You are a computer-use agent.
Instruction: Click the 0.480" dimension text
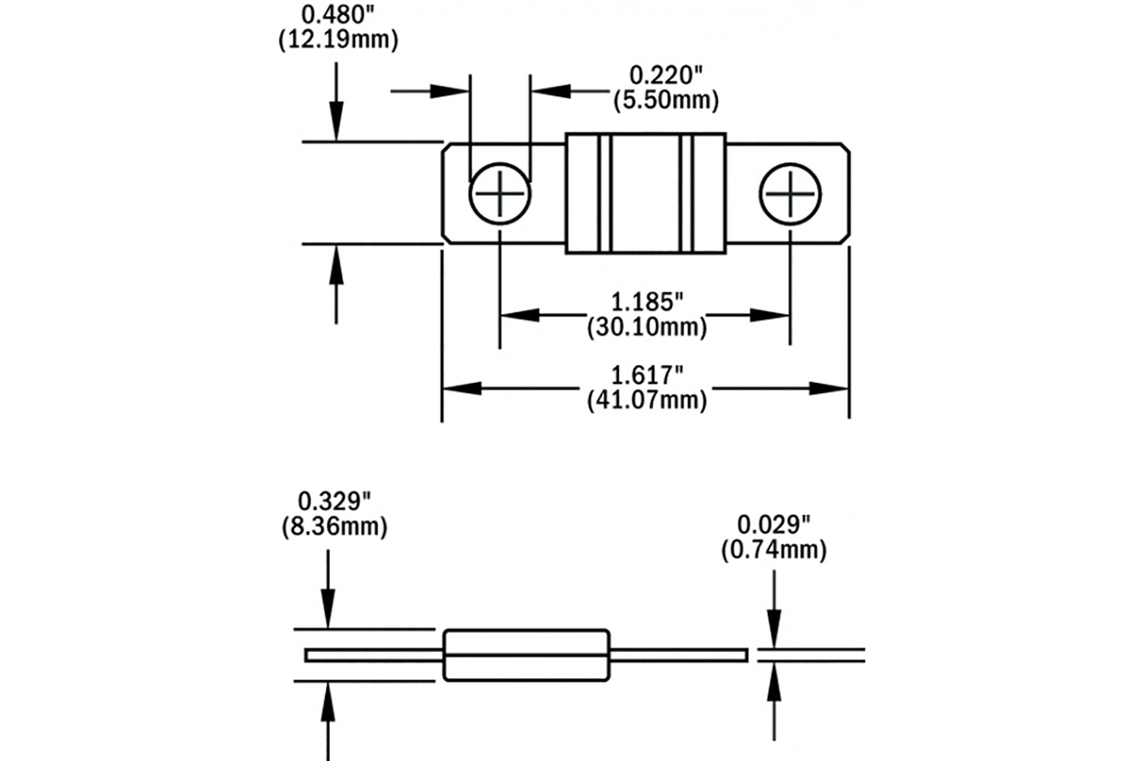pos(338,14)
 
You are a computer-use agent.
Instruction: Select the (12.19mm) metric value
pos(338,40)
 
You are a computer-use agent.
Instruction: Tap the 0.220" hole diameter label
pos(665,75)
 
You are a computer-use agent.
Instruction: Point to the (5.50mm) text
pos(665,100)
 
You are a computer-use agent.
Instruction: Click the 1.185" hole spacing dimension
pos(646,302)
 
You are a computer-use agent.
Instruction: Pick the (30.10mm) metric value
pos(646,327)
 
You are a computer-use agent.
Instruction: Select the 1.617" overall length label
pos(646,375)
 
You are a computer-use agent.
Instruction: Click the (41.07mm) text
pos(646,399)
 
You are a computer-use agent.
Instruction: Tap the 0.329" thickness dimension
pos(334,501)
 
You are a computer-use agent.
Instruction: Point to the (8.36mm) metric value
pos(334,526)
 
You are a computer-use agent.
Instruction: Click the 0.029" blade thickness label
pos(773,524)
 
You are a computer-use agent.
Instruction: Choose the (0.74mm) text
pos(773,549)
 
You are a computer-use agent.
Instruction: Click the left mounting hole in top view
pos(500,193)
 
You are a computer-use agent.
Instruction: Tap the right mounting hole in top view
pos(790,193)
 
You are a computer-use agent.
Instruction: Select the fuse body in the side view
pos(527,655)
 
